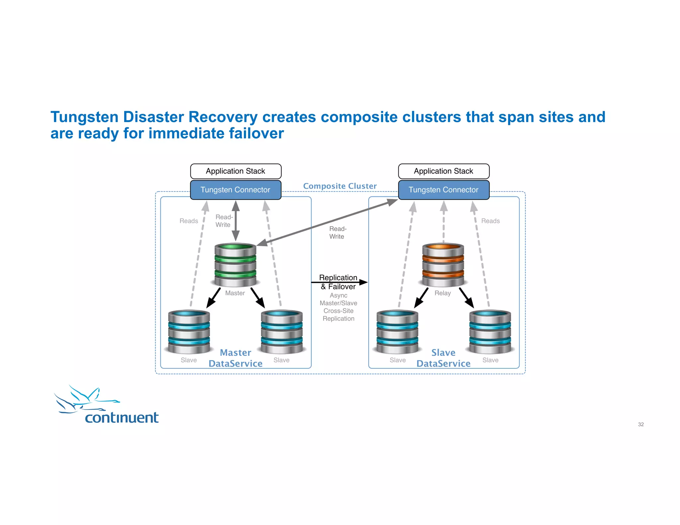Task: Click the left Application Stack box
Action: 235,171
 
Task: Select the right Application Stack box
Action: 443,171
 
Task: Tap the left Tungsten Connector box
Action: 235,190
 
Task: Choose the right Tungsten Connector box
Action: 443,190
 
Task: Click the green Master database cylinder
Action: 235,265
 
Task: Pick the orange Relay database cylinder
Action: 443,265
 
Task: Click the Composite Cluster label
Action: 340,186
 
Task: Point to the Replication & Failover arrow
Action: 339,282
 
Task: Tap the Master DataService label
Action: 235,358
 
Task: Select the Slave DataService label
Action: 443,358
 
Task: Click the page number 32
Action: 640,424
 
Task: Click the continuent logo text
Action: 122,417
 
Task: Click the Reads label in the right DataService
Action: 490,221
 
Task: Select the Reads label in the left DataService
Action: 189,221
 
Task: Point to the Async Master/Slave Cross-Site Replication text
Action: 338,307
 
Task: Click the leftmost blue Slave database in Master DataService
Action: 189,332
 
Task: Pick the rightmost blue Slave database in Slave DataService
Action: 490,332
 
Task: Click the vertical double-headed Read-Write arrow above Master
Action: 236,221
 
